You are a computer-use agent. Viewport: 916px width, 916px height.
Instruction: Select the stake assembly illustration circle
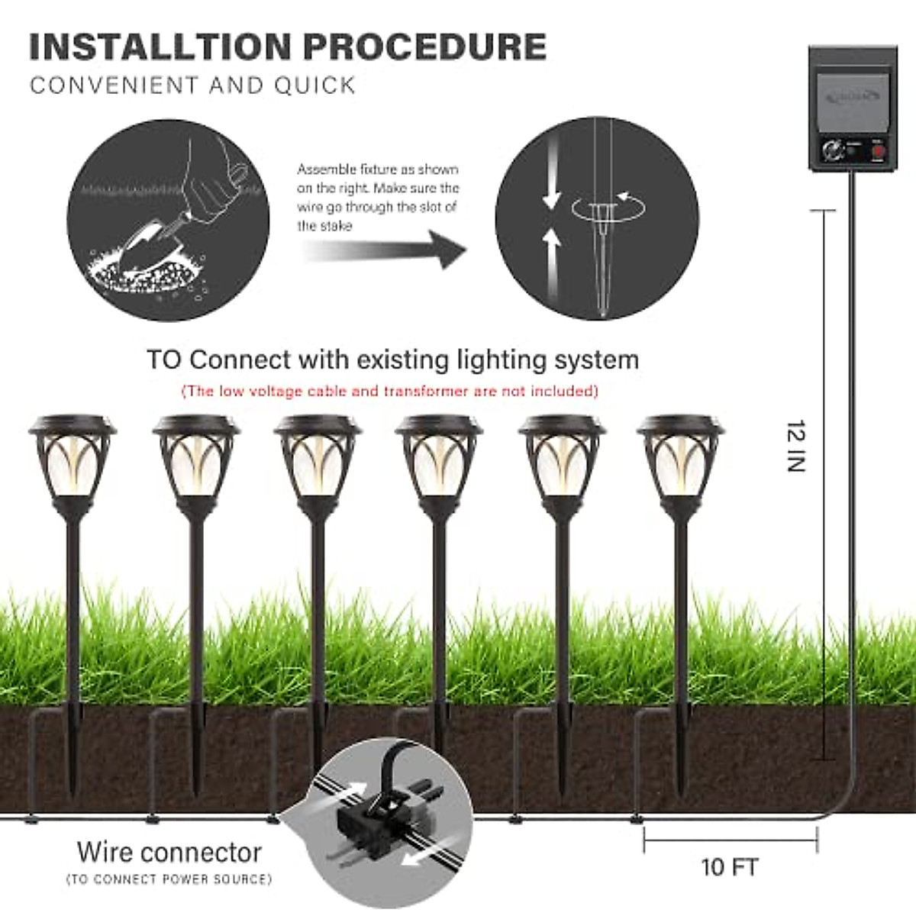click(597, 218)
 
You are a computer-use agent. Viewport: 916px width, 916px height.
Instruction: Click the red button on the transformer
click(878, 150)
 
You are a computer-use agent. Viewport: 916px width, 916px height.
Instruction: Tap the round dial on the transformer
click(833, 150)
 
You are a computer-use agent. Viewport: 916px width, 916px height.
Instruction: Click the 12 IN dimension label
click(796, 446)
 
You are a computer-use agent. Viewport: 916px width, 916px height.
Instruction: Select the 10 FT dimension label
click(729, 867)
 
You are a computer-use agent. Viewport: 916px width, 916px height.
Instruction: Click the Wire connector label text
click(169, 852)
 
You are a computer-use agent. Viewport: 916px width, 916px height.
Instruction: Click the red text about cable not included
click(390, 392)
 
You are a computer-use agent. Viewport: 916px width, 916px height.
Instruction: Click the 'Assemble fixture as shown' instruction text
click(378, 169)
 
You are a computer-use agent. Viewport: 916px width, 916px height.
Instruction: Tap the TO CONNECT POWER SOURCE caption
click(169, 879)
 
